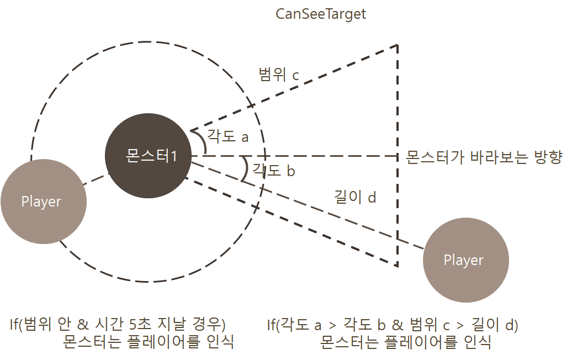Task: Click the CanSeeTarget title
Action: coord(321,14)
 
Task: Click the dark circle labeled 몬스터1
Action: coord(149,156)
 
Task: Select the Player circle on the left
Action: coord(43,202)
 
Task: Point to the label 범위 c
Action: coord(279,75)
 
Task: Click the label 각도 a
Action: coord(228,136)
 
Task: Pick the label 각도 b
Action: coord(273,171)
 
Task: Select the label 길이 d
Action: coord(355,197)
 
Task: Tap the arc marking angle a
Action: coord(202,141)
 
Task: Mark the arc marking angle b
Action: coord(244,169)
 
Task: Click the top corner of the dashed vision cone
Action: coord(398,45)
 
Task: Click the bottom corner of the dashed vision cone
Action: coord(398,266)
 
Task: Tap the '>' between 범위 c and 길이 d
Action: coord(459,325)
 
